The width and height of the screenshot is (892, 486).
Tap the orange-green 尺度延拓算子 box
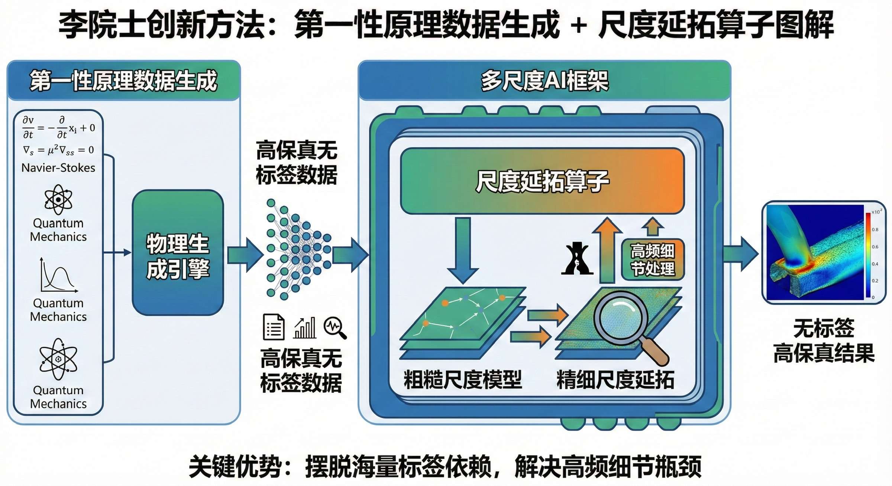(542, 181)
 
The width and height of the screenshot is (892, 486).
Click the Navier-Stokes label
(58, 168)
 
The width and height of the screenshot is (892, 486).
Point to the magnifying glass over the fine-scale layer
(621, 319)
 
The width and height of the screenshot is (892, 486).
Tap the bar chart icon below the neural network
(305, 327)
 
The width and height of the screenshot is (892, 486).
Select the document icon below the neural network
(274, 327)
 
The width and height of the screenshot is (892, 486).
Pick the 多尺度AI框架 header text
(544, 81)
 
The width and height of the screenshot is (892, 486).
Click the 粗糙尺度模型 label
(463, 379)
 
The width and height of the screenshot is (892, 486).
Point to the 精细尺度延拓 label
(615, 379)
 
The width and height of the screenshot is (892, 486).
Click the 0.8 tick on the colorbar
(875, 229)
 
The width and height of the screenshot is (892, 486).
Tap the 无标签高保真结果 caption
(824, 340)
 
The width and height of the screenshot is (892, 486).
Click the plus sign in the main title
(579, 26)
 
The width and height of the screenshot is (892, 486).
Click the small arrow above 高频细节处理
(653, 226)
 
